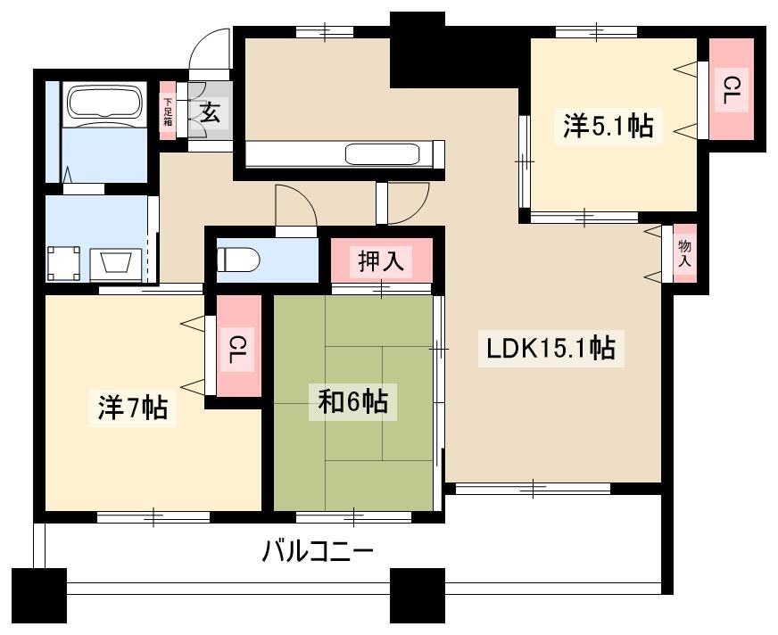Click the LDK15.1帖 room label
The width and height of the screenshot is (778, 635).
click(550, 348)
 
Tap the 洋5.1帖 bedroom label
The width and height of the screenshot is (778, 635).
click(608, 126)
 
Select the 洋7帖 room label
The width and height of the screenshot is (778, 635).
click(132, 408)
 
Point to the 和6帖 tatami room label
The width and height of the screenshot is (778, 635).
click(352, 402)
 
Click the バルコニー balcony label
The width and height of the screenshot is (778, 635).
click(318, 551)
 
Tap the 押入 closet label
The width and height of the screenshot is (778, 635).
click(381, 261)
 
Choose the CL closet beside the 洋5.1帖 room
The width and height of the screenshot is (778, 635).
click(732, 90)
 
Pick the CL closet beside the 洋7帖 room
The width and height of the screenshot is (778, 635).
click(239, 346)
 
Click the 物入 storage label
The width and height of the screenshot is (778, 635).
click(684, 253)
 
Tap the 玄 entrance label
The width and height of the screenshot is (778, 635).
click(211, 113)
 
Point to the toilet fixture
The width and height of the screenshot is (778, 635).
click(238, 259)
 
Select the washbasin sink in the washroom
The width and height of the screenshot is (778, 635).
click(116, 263)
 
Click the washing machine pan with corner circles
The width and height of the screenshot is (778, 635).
click(63, 263)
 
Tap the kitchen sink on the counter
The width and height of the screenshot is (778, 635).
click(383, 153)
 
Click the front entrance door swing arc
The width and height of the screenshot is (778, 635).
click(209, 42)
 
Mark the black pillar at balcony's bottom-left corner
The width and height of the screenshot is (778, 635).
click(38, 596)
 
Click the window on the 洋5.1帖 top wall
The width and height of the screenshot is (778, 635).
click(596, 32)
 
